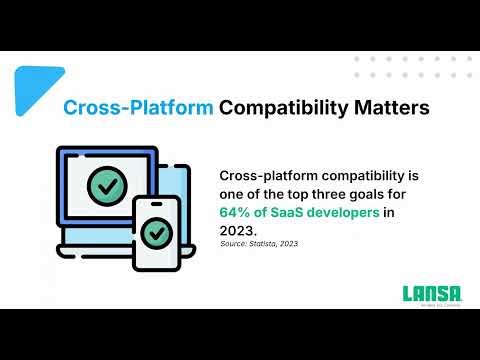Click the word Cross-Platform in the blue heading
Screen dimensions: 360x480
(138, 107)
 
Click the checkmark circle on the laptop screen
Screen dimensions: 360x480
(106, 186)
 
